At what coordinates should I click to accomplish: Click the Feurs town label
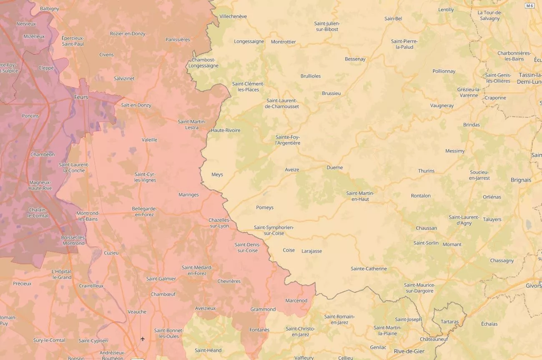[81, 97]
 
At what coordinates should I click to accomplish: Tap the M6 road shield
[529, 6]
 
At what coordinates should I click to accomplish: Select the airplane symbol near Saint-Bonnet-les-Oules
[143, 339]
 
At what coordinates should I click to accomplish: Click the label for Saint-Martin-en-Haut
[360, 196]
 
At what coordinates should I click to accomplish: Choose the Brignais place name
[521, 180]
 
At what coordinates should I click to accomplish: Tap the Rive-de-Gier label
[409, 351]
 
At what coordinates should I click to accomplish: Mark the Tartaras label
[449, 322]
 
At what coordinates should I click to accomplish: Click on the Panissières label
[178, 40]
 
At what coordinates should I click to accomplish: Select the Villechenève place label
[233, 16]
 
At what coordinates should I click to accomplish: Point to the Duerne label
[334, 167]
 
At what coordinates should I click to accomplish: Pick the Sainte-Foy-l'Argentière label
[288, 140]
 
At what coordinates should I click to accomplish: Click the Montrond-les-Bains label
[88, 216]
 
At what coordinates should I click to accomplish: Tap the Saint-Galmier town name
[161, 279]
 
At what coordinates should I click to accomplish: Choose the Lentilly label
[446, 10]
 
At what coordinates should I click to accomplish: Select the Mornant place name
[452, 245]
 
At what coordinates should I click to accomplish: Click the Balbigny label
[50, 8]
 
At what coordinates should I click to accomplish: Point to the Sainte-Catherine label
[369, 269]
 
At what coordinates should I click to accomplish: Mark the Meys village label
[217, 175]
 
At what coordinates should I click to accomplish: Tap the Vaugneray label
[442, 106]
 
